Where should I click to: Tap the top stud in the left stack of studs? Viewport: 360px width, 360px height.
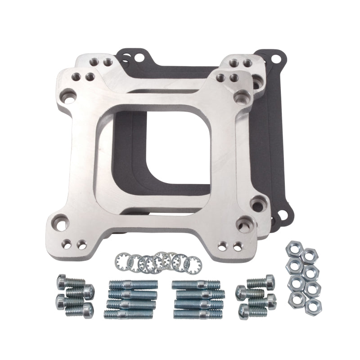pyautogui.click(x=133, y=285)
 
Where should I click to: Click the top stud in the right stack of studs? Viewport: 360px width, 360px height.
pyautogui.click(x=197, y=284)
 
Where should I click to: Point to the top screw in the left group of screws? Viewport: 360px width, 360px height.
pyautogui.click(x=68, y=283)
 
